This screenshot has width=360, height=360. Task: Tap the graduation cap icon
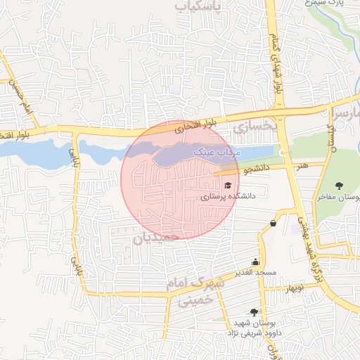point(227,185)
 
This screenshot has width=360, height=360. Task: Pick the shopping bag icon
point(273,224)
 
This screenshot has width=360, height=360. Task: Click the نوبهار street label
point(293,287)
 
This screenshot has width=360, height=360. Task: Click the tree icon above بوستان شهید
point(254,311)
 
